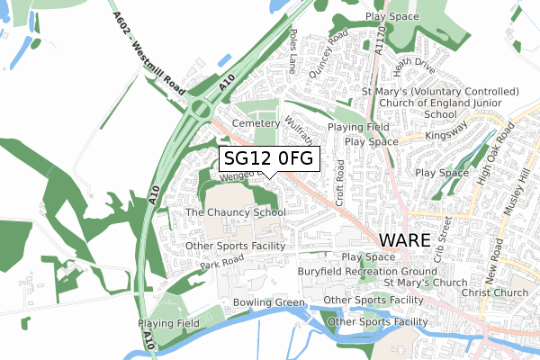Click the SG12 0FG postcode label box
tap(268, 158)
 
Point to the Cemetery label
tap(250, 122)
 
